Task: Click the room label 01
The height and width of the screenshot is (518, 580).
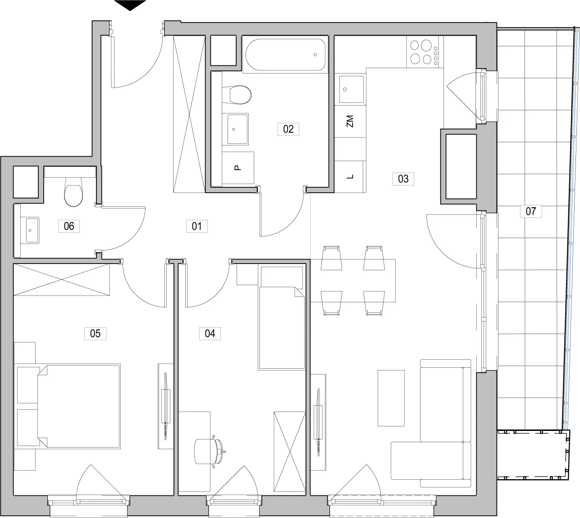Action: tap(196, 226)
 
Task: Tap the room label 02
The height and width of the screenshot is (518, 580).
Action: tap(288, 129)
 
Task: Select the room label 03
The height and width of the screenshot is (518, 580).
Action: tap(403, 179)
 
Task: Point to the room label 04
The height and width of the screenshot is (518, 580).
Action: tap(210, 333)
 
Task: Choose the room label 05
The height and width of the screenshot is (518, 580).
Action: tap(96, 333)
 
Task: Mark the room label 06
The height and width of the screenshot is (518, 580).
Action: tap(69, 226)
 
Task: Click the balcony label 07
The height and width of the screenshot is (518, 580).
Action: tap(531, 211)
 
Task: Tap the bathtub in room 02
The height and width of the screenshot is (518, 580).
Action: tap(286, 55)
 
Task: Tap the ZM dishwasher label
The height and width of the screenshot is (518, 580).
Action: tap(350, 121)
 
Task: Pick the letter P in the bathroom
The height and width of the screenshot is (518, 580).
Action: tap(237, 168)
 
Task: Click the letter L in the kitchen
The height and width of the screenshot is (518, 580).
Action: tap(350, 176)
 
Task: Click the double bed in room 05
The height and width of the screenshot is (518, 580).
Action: tap(79, 406)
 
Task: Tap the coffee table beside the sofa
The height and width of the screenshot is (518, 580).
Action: tap(391, 398)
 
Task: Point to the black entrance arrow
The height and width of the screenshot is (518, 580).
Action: tap(130, 5)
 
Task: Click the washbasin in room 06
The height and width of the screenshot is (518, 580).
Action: tap(30, 230)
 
